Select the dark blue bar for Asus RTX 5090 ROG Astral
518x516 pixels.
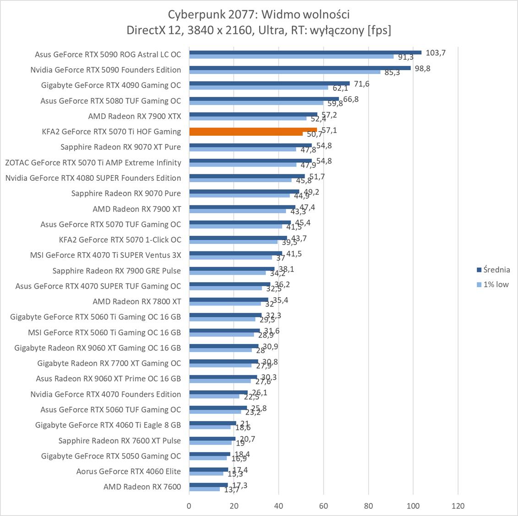[x=305, y=52]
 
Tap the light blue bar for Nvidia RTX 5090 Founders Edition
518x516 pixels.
[x=284, y=72]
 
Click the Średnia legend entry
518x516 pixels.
[x=493, y=270]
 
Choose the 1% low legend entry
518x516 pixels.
[x=493, y=284]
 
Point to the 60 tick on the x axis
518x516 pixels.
[x=324, y=506]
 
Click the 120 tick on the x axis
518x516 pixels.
[x=458, y=506]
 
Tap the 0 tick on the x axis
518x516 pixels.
[x=189, y=506]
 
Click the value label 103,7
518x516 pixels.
[x=436, y=53]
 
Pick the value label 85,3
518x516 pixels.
[x=392, y=72]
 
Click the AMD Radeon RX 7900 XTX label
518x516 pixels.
[x=134, y=116]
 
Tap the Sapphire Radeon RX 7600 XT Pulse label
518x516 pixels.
[x=120, y=440]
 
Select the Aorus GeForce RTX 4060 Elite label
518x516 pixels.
[x=128, y=471]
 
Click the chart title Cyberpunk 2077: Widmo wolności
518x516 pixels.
[x=259, y=15]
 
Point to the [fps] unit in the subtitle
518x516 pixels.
[x=378, y=30]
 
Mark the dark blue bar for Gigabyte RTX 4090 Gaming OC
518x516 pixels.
[x=269, y=83]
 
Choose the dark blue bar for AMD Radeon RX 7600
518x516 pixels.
[x=208, y=485]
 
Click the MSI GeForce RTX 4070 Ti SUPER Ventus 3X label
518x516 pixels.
[x=105, y=255]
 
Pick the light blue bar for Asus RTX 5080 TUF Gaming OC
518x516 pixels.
[x=256, y=103]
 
